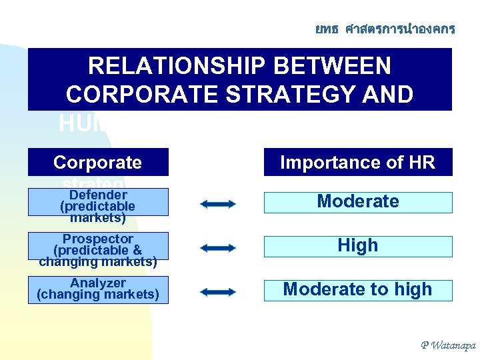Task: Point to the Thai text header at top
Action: [385, 29]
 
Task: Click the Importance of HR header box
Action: [358, 163]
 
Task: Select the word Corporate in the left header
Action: [97, 163]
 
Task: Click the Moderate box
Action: [358, 202]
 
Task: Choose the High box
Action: [358, 246]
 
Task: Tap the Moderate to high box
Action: [358, 290]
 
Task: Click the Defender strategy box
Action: [98, 202]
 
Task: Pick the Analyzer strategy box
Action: [98, 290]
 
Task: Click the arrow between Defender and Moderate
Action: [218, 204]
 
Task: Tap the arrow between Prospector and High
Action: [218, 248]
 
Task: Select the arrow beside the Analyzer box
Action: [218, 292]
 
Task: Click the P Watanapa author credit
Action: [447, 345]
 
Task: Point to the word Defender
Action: [98, 195]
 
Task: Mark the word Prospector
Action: [98, 239]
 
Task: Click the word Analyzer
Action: [98, 283]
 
